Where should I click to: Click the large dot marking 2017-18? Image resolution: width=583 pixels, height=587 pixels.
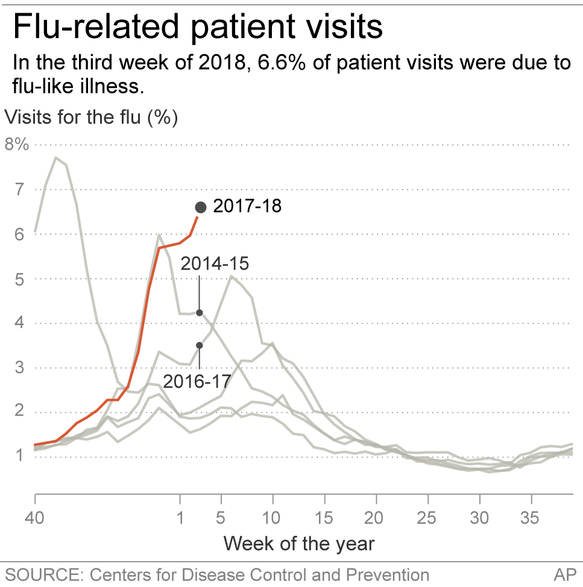pos(201,208)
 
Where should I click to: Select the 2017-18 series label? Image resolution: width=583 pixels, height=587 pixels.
pos(247,207)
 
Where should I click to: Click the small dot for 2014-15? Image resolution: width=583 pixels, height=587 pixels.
pos(200,312)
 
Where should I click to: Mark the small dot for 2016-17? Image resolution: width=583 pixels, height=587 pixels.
pos(200,346)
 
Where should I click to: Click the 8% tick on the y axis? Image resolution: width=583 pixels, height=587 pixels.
pos(16,145)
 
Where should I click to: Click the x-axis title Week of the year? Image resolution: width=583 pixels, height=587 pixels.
pos(299,544)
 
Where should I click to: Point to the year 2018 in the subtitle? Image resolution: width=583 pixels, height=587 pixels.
pos(221,63)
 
